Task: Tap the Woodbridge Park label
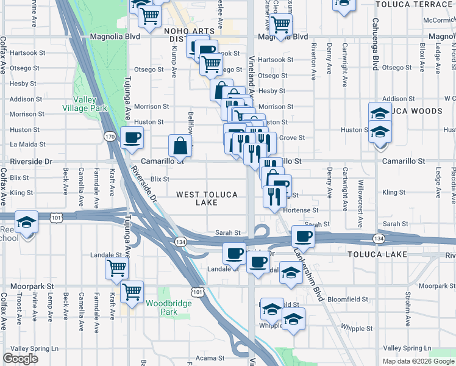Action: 161,307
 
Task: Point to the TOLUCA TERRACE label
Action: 413,4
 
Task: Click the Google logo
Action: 20,359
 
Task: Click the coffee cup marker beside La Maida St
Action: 132,137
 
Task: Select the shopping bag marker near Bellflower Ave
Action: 181,145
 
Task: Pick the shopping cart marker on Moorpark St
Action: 132,291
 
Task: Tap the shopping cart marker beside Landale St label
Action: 116,267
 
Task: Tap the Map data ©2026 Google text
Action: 418,361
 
